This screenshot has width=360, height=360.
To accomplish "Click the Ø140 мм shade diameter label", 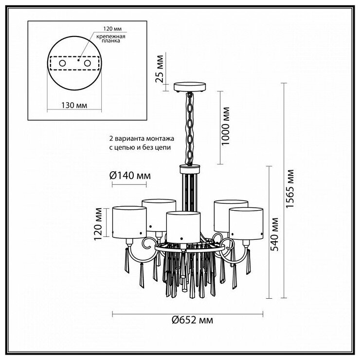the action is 130,176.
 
